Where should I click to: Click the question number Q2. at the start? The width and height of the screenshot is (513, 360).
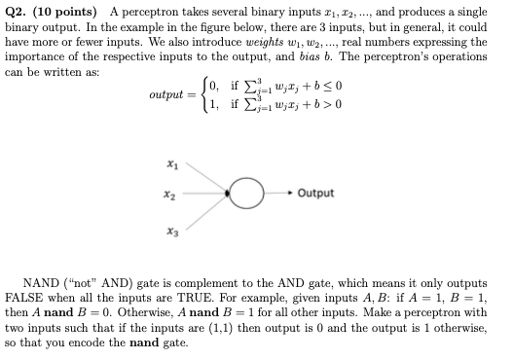[18, 13]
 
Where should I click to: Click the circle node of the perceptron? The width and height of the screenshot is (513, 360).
[251, 193]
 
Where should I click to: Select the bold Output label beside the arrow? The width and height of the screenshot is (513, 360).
[316, 193]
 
